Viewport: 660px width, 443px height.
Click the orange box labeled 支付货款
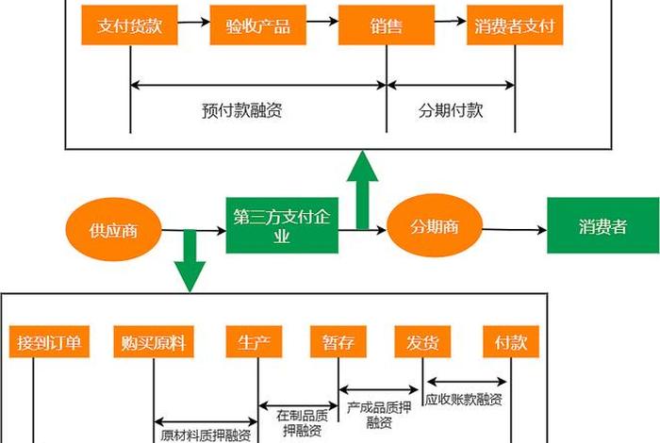coord(130,27)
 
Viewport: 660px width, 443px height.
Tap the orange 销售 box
coord(386,27)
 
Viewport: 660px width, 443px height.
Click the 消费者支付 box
coord(515,27)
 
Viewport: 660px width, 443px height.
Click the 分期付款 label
coord(451,110)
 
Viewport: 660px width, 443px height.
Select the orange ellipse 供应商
coord(113,230)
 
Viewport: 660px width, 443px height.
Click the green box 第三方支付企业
coord(281,226)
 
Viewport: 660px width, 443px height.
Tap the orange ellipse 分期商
coord(434,227)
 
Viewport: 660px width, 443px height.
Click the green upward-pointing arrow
coord(361,189)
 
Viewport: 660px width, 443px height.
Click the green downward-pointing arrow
coord(190,259)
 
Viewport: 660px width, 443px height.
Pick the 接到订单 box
coord(50,342)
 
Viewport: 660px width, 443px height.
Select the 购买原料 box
coord(153,342)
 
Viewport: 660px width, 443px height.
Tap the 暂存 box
coord(338,342)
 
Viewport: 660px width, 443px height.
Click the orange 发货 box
coord(422,342)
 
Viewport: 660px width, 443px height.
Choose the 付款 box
coord(510,342)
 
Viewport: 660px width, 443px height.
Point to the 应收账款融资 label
coord(465,399)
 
